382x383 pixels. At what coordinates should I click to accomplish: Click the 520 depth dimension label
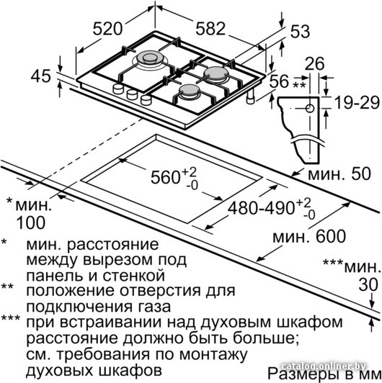(107, 29)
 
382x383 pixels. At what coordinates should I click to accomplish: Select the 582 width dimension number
(210, 29)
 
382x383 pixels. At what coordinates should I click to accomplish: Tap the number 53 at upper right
(300, 32)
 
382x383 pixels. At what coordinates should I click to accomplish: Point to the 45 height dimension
(41, 76)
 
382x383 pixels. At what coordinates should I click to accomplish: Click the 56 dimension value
(279, 81)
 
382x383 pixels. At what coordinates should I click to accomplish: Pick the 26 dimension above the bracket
(315, 64)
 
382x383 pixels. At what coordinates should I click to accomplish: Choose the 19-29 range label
(357, 102)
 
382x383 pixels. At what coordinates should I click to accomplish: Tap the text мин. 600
(309, 236)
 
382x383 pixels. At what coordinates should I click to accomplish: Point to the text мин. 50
(339, 174)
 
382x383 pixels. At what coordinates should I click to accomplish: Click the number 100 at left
(31, 222)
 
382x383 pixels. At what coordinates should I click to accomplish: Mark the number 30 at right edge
(368, 284)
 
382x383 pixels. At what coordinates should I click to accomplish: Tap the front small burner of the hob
(189, 91)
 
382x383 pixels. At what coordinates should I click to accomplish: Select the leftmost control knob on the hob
(118, 89)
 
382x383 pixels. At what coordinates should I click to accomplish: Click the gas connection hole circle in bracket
(310, 108)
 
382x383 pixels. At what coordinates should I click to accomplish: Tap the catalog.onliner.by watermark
(324, 366)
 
